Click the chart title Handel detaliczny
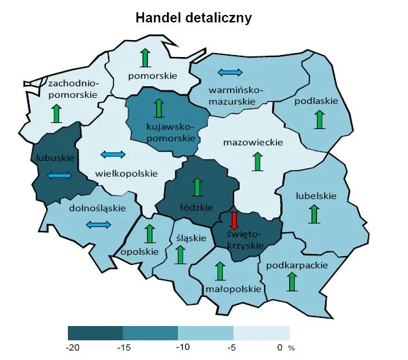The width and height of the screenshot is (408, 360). [194, 18]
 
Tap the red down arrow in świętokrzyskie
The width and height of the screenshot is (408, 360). [234, 221]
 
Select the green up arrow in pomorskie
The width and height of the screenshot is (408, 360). [145, 58]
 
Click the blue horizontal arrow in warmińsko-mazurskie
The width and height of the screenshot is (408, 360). [229, 72]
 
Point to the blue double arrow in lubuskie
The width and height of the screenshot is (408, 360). [59, 176]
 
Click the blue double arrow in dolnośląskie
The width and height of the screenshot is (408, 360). [98, 225]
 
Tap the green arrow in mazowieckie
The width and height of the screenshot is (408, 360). [257, 161]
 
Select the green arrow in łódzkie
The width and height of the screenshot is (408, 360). [198, 187]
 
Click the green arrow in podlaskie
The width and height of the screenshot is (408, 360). [318, 120]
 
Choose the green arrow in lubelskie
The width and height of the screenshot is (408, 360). [314, 213]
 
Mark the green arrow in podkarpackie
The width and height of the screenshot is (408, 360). [292, 281]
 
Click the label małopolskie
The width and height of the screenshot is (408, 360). [233, 289]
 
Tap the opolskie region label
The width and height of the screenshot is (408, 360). [139, 251]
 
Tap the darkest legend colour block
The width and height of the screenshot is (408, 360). [96, 333]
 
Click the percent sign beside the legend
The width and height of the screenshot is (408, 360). [292, 348]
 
